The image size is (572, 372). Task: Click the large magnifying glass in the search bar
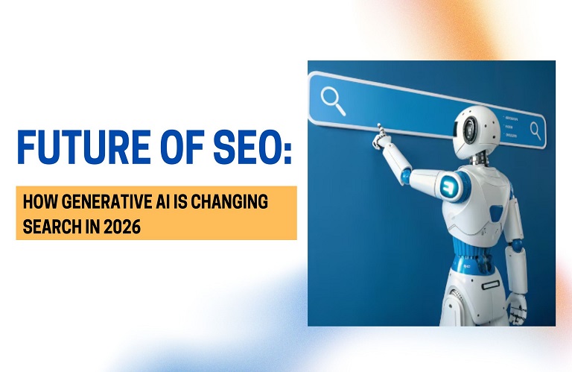coord(333,101)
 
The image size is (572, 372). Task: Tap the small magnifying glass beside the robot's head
coord(535,130)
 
